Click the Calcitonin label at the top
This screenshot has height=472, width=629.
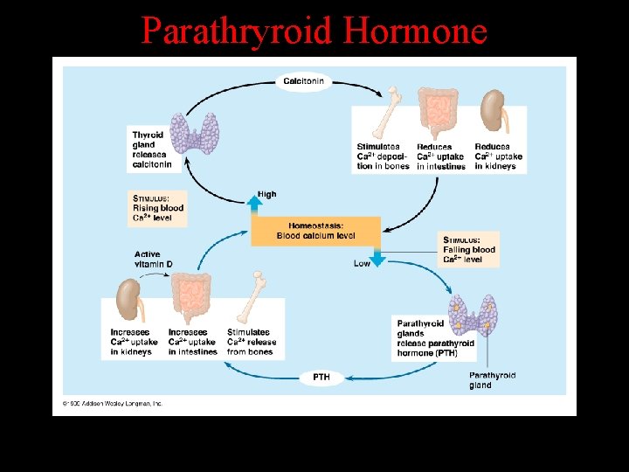click(x=304, y=81)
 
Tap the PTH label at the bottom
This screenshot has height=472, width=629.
click(x=321, y=378)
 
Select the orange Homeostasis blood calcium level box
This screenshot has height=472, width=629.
click(x=315, y=231)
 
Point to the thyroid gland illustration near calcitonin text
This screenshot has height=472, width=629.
click(x=195, y=133)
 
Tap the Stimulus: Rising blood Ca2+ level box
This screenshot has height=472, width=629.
click(x=158, y=208)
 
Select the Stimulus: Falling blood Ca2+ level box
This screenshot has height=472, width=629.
click(x=469, y=249)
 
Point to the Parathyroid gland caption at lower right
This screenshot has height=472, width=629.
click(x=492, y=380)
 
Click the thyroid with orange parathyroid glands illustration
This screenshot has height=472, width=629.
click(x=473, y=315)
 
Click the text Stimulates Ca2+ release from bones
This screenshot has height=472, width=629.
click(x=252, y=342)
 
